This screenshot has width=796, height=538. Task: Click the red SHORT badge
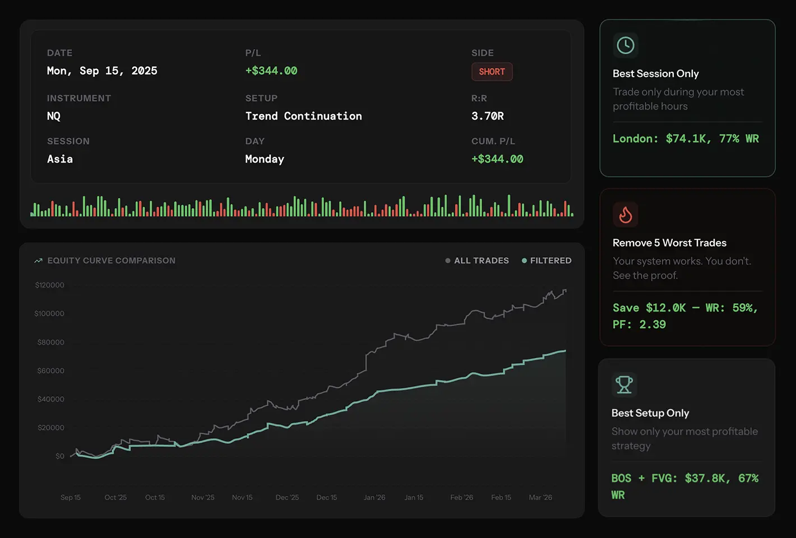tap(492, 72)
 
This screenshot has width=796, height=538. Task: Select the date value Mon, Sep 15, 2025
tap(102, 71)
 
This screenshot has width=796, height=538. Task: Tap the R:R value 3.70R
tap(487, 116)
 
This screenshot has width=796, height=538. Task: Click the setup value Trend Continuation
tap(303, 116)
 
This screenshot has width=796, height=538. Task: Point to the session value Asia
tap(60, 159)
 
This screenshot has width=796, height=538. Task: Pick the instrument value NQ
tap(54, 116)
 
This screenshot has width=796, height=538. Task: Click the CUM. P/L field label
tap(493, 141)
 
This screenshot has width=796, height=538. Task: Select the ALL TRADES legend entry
tap(477, 261)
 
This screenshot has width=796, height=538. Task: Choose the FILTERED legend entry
tap(547, 261)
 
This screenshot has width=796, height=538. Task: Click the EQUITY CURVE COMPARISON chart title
tap(111, 261)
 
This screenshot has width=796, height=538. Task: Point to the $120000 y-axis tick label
tap(49, 285)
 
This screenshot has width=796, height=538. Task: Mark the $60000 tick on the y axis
tap(50, 371)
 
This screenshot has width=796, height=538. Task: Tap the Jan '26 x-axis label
tap(374, 498)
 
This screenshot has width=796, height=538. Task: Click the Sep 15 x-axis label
tap(71, 498)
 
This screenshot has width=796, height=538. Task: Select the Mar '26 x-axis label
tap(540, 498)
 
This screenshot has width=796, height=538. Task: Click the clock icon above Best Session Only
tap(626, 45)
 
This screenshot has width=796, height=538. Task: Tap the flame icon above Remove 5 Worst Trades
tap(626, 215)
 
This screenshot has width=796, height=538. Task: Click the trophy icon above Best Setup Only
tap(624, 385)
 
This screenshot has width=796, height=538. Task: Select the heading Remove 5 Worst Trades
tap(669, 243)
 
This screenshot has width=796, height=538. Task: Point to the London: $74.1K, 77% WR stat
tap(686, 138)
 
